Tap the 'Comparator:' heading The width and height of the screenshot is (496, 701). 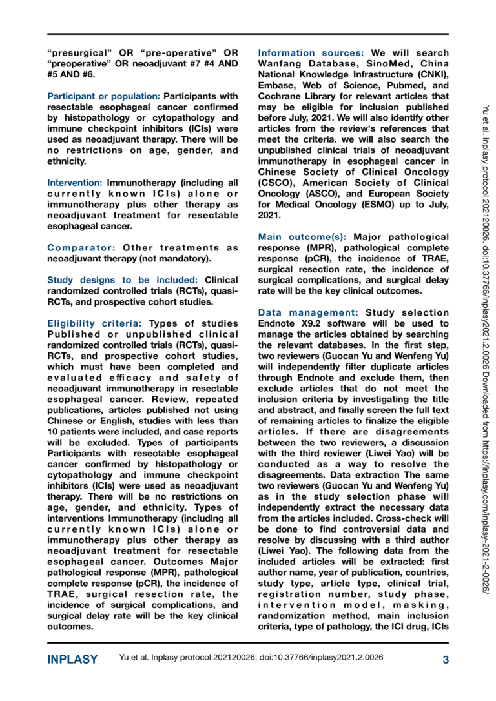tap(80, 248)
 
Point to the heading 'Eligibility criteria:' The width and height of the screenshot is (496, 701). tap(96, 323)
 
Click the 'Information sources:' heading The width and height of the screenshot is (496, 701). tap(311, 52)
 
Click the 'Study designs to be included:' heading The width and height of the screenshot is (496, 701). tap(123, 280)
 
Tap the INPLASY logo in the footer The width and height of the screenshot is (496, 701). tap(72, 659)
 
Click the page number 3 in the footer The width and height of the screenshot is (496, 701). tap(446, 659)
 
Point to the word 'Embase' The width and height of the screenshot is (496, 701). tap(277, 96)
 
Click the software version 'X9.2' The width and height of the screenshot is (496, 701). tap(319, 323)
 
